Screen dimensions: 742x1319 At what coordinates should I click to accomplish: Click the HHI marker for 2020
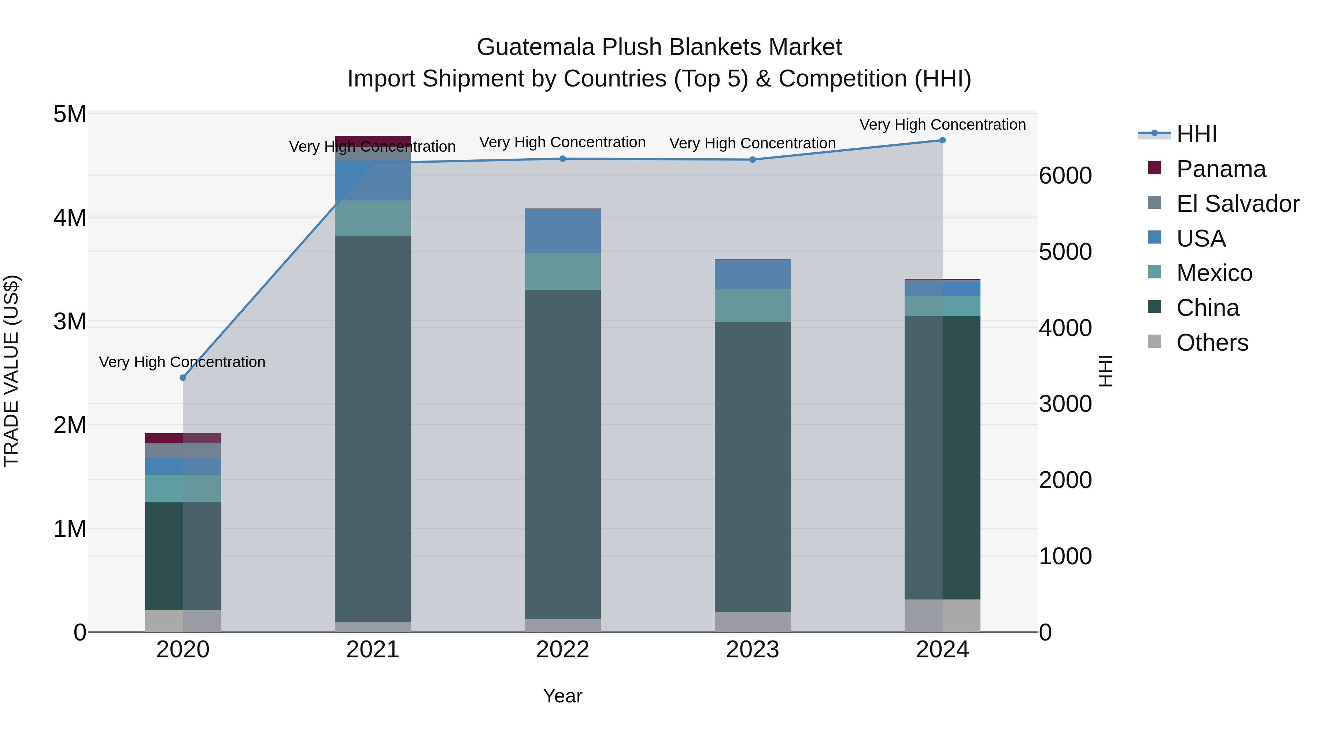[x=183, y=378]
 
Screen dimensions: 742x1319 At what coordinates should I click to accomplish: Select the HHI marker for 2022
[x=563, y=159]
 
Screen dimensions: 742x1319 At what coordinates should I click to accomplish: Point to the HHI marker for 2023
[x=753, y=160]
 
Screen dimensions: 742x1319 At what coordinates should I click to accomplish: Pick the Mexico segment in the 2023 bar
[x=753, y=305]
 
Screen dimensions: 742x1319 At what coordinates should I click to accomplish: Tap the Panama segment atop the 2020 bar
[x=183, y=438]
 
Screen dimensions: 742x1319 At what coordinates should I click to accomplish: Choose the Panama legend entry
[x=1221, y=169]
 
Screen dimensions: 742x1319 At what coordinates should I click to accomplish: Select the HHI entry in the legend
[x=1197, y=134]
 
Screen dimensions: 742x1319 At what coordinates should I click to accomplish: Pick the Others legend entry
[x=1212, y=343]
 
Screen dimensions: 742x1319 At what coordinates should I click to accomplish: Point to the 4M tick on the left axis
[x=70, y=218]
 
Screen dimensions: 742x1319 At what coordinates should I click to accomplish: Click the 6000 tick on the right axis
[x=1065, y=176]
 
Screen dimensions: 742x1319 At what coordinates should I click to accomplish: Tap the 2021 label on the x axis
[x=373, y=650]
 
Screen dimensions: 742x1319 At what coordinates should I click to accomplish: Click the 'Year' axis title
[x=563, y=696]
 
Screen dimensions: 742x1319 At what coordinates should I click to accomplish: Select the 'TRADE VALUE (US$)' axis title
[x=12, y=371]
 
